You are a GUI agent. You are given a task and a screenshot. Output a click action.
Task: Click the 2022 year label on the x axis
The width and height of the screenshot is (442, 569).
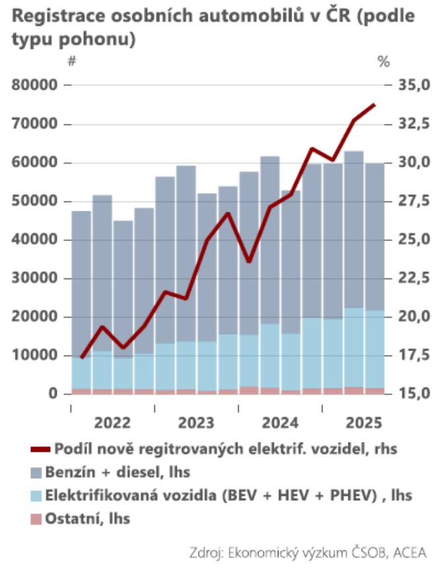coord(113,422)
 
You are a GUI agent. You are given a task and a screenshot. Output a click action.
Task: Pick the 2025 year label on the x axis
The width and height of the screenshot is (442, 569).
coord(365,422)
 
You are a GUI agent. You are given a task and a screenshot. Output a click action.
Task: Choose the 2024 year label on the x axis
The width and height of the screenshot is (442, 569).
coord(281,422)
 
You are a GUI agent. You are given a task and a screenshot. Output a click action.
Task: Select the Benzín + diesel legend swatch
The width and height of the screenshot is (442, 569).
coord(36,472)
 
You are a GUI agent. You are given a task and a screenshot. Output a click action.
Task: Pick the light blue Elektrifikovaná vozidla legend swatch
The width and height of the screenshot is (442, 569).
coord(36,495)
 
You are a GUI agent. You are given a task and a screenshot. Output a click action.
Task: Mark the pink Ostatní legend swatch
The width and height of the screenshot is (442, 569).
coord(36,518)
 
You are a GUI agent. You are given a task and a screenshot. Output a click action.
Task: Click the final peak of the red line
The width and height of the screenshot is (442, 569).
coord(375,104)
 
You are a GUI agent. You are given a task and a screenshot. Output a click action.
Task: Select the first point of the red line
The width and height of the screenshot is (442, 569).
coord(81,358)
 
